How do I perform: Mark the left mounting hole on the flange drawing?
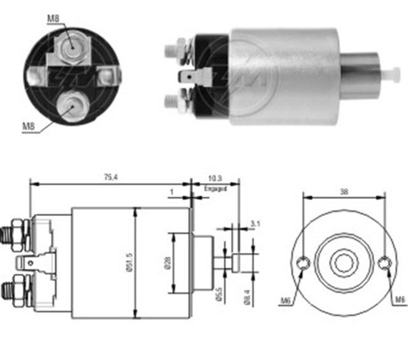coord(304,263)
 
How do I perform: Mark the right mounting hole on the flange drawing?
coord(384,263)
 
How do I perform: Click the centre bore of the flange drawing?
coord(344,262)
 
